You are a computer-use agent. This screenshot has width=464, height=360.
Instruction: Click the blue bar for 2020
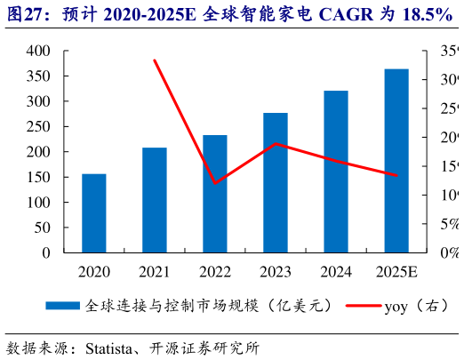point(93,213)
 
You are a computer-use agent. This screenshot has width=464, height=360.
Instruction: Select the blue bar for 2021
point(154,200)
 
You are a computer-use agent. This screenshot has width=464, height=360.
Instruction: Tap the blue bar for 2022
point(214,194)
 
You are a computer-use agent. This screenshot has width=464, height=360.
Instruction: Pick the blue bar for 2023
point(275,182)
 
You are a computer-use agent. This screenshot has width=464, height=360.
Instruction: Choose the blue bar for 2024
point(335,172)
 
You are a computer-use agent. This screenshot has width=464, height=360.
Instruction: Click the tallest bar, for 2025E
point(396,161)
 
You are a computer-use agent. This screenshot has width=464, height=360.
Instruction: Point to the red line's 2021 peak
point(154,60)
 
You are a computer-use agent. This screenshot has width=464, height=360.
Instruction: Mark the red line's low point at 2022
point(214,183)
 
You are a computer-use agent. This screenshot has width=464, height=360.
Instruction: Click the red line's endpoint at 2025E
point(396,175)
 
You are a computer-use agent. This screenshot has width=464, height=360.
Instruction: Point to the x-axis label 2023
point(275,271)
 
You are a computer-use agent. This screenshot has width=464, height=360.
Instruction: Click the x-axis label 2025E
point(396,271)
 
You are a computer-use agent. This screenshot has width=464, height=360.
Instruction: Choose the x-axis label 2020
point(93,271)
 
